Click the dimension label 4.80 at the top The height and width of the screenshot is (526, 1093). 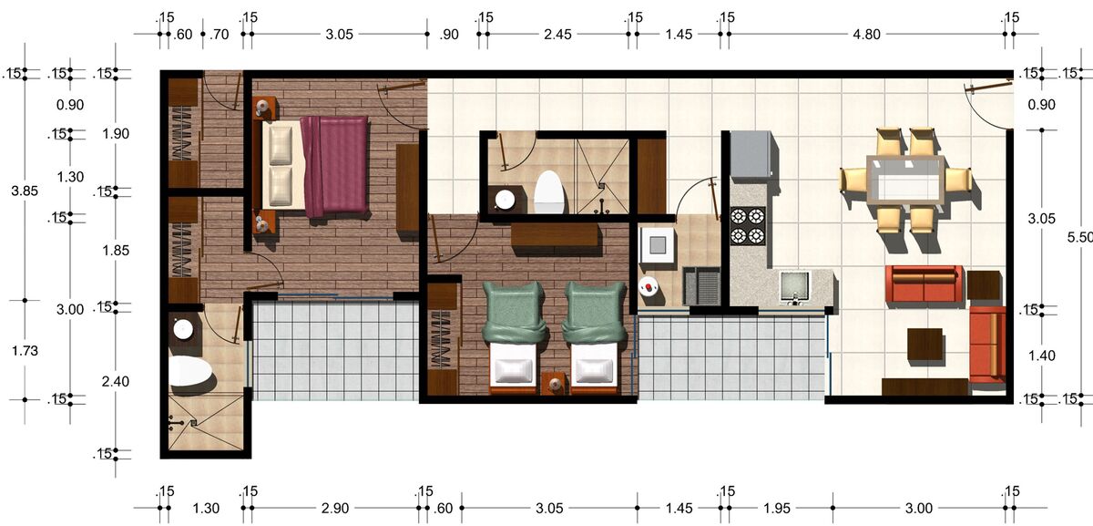coord(866,35)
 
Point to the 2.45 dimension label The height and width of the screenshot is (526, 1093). coord(557,35)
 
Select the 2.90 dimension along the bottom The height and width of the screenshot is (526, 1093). coord(335,509)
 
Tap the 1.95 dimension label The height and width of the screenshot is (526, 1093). coord(776,509)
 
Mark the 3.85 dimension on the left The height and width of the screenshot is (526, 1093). coord(25,191)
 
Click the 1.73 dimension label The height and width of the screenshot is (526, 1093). coord(25,351)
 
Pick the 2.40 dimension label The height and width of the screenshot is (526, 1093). coord(115,381)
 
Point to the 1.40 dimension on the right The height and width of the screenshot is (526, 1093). coord(1041,356)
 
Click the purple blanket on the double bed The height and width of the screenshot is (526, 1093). coord(335,166)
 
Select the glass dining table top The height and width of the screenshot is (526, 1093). coord(905,180)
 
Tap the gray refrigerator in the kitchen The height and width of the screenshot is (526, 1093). coord(752,155)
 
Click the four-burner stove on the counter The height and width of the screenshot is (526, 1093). coord(748,226)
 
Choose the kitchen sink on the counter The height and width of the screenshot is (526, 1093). coord(795,286)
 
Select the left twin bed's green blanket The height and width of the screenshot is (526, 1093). coord(514,311)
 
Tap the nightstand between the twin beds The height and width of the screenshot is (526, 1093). coord(554,384)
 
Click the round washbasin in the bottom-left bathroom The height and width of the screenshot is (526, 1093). coord(183,329)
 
